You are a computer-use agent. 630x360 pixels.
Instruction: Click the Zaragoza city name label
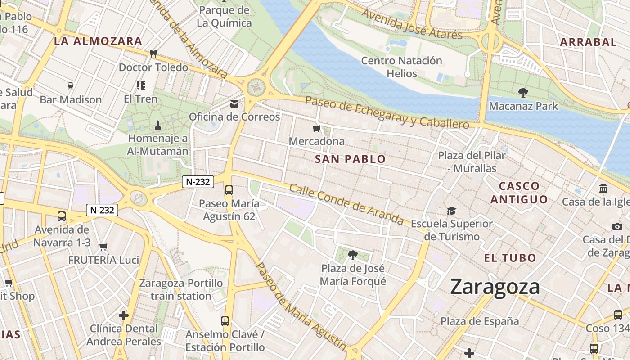[495, 287]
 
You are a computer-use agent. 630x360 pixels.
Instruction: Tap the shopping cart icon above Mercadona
[317, 129]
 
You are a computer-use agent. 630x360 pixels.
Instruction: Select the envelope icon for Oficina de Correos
[234, 104]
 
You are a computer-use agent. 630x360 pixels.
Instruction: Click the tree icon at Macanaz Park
[523, 93]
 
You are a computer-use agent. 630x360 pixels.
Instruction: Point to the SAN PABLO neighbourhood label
[350, 159]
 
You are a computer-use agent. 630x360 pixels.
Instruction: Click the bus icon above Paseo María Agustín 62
[229, 190]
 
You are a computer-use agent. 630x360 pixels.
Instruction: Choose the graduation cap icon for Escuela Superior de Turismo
[451, 211]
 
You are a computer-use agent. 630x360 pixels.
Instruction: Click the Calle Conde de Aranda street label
[346, 204]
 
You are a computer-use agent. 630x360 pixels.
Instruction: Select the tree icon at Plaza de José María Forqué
[353, 255]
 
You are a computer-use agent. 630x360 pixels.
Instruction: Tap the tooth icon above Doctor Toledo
[153, 54]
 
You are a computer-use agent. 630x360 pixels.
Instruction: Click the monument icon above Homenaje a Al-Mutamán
[157, 125]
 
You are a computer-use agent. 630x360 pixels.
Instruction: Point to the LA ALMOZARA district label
[98, 41]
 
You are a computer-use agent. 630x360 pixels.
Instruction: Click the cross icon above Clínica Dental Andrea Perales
[124, 315]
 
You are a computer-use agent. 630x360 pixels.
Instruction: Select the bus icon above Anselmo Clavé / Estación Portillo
[225, 321]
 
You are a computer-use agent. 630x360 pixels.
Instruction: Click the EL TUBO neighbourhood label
[510, 258]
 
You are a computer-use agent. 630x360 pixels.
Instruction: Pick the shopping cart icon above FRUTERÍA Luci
[103, 246]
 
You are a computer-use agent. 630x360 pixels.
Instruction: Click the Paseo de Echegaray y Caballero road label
[387, 112]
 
